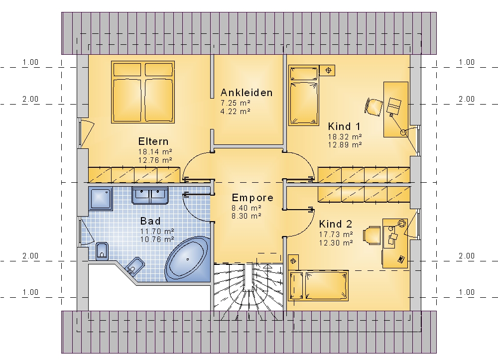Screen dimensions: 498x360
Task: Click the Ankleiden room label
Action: (247, 93)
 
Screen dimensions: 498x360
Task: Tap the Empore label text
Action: (252, 198)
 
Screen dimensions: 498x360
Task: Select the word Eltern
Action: (153, 141)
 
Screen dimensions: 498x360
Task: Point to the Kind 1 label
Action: (344, 126)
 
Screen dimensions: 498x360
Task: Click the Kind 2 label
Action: (336, 224)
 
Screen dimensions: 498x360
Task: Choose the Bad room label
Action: (150, 221)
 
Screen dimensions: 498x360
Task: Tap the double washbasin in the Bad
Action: (150, 195)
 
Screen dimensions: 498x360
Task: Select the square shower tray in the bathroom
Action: (101, 199)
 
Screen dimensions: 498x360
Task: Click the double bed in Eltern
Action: (143, 92)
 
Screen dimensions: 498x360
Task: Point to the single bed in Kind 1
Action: (304, 96)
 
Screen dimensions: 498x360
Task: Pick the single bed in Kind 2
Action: (318, 285)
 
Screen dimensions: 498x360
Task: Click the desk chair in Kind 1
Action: (374, 107)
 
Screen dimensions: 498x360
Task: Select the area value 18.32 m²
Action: (345, 137)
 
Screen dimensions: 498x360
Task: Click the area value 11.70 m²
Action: (157, 232)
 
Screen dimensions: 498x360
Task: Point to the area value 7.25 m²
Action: (236, 103)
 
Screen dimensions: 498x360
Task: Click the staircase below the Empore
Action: (249, 287)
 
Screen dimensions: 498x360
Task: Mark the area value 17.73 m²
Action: (336, 235)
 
